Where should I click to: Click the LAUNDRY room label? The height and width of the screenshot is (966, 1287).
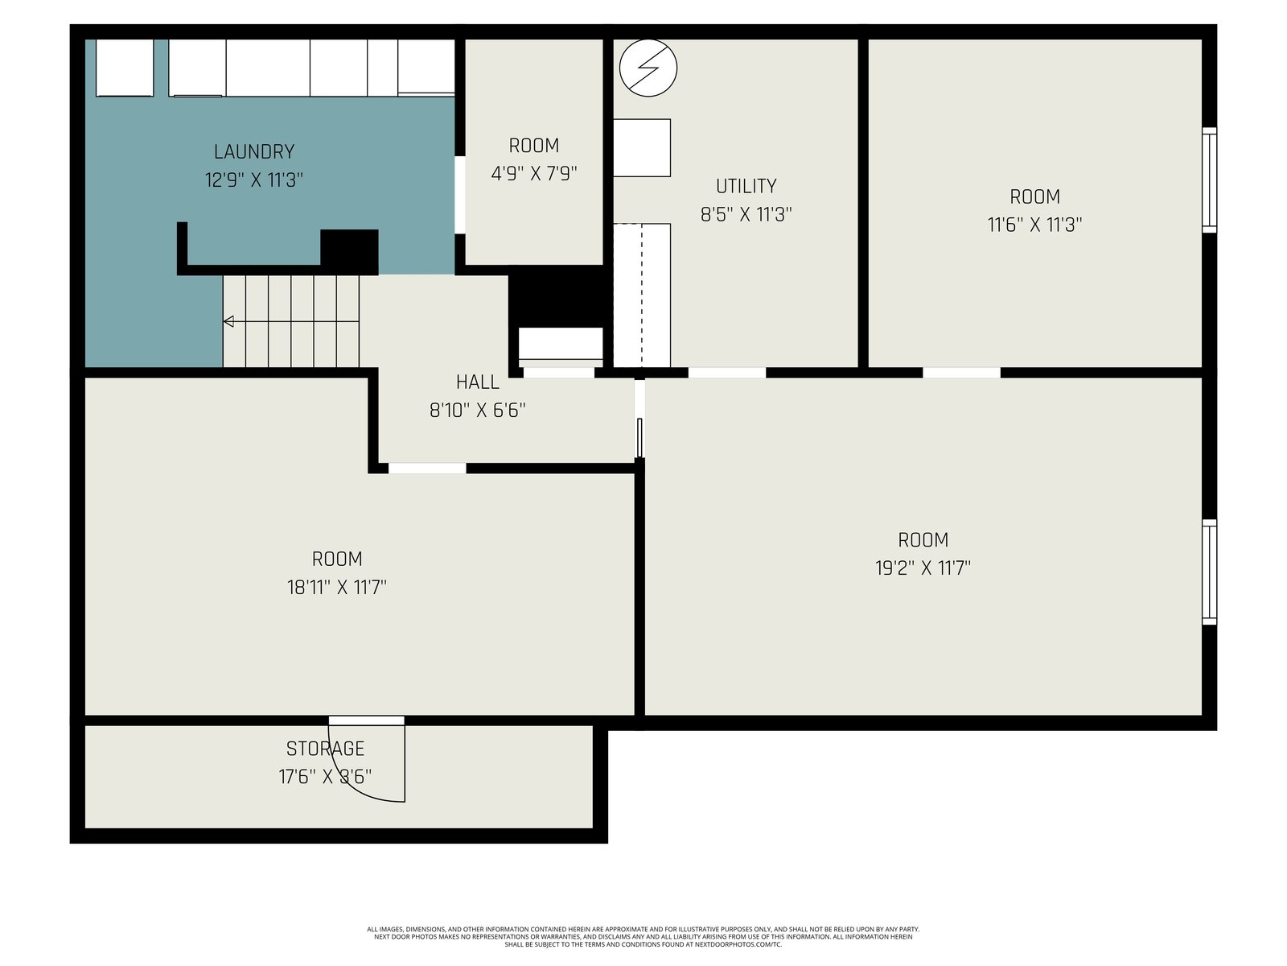pyautogui.click(x=254, y=152)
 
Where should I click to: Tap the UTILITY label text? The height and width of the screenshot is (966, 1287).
pyautogui.click(x=746, y=186)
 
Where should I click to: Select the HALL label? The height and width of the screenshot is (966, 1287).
pyautogui.click(x=477, y=382)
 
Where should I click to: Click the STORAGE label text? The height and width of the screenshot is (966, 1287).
pyautogui.click(x=325, y=749)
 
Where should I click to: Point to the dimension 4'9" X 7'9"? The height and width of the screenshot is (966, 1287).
pyautogui.click(x=533, y=174)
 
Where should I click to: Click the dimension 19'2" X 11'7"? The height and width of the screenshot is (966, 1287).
pyautogui.click(x=923, y=568)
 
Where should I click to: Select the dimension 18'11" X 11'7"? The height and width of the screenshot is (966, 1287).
pyautogui.click(x=336, y=587)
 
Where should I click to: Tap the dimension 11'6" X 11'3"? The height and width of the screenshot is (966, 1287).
pyautogui.click(x=1034, y=225)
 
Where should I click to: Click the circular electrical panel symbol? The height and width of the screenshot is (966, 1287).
pyautogui.click(x=648, y=68)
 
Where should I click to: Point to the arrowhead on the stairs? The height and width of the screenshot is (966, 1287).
pyautogui.click(x=228, y=321)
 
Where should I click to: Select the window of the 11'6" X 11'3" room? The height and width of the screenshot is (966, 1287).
pyautogui.click(x=1209, y=180)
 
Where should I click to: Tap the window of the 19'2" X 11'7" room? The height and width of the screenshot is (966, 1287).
pyautogui.click(x=1209, y=572)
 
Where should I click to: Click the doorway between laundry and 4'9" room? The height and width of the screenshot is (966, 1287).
pyautogui.click(x=459, y=195)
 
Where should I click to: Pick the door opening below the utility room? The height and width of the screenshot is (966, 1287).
pyautogui.click(x=726, y=373)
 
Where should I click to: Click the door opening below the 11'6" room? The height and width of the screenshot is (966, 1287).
pyautogui.click(x=961, y=373)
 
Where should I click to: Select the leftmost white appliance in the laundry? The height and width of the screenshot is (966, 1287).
pyautogui.click(x=125, y=68)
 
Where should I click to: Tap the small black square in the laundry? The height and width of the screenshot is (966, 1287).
pyautogui.click(x=349, y=251)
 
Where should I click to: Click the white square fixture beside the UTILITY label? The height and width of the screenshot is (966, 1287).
pyautogui.click(x=641, y=148)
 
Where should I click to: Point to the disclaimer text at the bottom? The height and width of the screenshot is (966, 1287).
pyautogui.click(x=643, y=937)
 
